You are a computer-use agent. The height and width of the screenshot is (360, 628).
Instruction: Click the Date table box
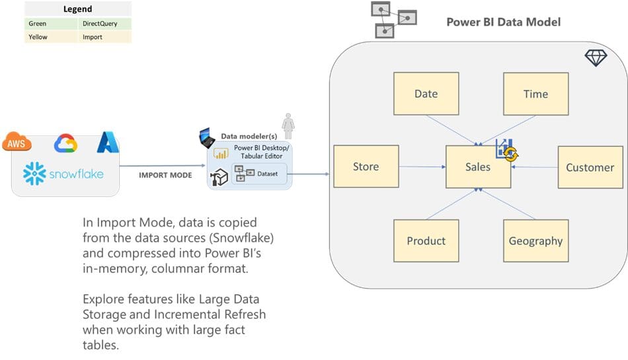pyautogui.click(x=426, y=94)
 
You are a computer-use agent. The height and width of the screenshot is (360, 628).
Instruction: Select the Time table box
pyautogui.click(x=535, y=94)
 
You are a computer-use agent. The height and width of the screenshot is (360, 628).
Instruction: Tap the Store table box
pyautogui.click(x=366, y=167)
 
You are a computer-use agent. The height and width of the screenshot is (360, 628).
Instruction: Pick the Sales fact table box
pyautogui.click(x=477, y=168)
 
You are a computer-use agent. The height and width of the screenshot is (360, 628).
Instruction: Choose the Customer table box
pyautogui.click(x=590, y=168)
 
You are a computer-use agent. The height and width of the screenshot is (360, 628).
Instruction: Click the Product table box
pyautogui.click(x=426, y=241)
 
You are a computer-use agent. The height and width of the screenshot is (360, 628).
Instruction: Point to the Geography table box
pyautogui.click(x=535, y=241)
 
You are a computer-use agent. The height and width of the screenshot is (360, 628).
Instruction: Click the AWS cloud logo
pyautogui.click(x=17, y=142)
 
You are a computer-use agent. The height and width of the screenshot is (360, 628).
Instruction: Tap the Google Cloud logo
pyautogui.click(x=66, y=143)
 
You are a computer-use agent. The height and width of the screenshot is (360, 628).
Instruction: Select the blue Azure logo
pyautogui.click(x=106, y=142)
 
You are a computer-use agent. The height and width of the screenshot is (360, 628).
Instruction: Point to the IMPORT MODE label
pyautogui.click(x=165, y=175)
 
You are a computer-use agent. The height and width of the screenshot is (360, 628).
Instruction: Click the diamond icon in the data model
pyautogui.click(x=596, y=58)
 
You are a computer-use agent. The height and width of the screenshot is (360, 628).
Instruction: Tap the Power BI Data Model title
pyautogui.click(x=503, y=22)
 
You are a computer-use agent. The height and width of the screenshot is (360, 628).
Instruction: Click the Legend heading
pyautogui.click(x=78, y=9)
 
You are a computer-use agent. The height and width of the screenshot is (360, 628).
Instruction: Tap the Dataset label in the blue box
pyautogui.click(x=268, y=174)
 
